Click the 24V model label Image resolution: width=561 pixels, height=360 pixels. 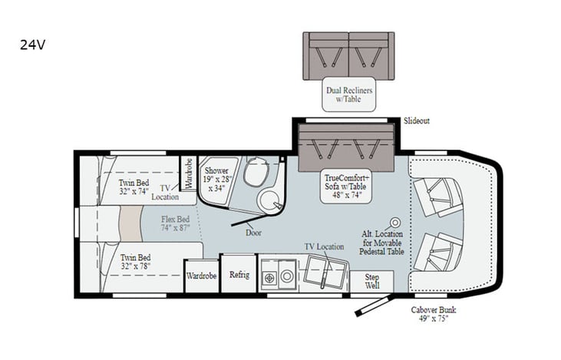[32, 45]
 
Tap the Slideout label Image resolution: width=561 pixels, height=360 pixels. [417, 121]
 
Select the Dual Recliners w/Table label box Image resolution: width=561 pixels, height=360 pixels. [349, 94]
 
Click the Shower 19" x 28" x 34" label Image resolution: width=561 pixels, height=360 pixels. [216, 180]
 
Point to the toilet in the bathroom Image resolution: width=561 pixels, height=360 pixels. [256, 171]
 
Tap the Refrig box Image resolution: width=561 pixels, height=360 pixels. [239, 275]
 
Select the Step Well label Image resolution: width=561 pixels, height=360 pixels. [371, 281]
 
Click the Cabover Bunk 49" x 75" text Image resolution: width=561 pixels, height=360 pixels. [434, 314]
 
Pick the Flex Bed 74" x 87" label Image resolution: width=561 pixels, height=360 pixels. [175, 223]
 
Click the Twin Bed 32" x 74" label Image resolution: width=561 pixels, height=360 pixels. [134, 187]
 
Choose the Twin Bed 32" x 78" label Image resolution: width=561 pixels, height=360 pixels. [135, 262]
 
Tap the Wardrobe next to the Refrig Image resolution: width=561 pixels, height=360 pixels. [201, 276]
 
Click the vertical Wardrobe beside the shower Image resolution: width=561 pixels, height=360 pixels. [187, 173]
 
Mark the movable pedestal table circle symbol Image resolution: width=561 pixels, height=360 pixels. [395, 223]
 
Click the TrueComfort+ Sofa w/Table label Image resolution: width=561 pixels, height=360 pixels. [345, 186]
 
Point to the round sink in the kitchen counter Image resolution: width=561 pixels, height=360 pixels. [286, 276]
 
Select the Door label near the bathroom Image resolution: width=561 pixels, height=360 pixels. [253, 233]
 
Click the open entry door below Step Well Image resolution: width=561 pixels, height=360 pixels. [374, 306]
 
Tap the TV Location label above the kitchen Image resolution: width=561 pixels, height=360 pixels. [324, 246]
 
